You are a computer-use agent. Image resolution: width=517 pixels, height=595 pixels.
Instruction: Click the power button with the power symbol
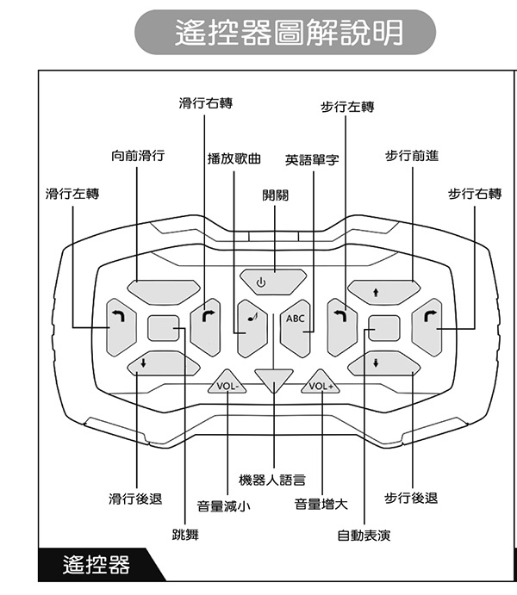(x=273, y=282)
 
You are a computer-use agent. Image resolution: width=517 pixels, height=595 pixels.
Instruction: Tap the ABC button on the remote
(x=295, y=329)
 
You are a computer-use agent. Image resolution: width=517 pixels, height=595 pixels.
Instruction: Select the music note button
(x=252, y=329)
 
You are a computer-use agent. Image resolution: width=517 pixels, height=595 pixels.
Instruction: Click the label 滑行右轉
(x=206, y=102)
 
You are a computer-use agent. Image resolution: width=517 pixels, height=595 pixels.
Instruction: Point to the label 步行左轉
(x=347, y=107)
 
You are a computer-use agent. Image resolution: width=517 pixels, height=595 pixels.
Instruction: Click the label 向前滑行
(x=138, y=156)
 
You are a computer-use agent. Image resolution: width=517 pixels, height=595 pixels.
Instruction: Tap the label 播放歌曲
(x=234, y=158)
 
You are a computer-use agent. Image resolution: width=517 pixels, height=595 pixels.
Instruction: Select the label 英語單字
(x=312, y=160)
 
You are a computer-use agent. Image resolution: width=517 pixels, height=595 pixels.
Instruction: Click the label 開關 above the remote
(x=275, y=195)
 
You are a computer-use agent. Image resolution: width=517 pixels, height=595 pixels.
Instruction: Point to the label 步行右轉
(x=475, y=194)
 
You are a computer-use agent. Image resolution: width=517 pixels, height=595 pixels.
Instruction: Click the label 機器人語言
(x=272, y=480)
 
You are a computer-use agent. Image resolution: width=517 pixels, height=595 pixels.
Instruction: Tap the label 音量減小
(x=223, y=505)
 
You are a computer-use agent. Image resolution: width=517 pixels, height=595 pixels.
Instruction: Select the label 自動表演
(x=364, y=536)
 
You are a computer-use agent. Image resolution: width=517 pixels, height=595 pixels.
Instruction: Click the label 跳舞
(x=185, y=535)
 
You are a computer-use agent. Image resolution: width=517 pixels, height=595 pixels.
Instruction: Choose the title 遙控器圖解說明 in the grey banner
(x=289, y=32)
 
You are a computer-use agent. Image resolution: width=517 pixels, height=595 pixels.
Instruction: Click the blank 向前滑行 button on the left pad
(x=163, y=292)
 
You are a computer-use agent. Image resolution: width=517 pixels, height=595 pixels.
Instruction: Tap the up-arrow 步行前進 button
(x=383, y=292)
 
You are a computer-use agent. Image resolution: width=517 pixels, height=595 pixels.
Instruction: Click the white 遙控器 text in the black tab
(x=97, y=565)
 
